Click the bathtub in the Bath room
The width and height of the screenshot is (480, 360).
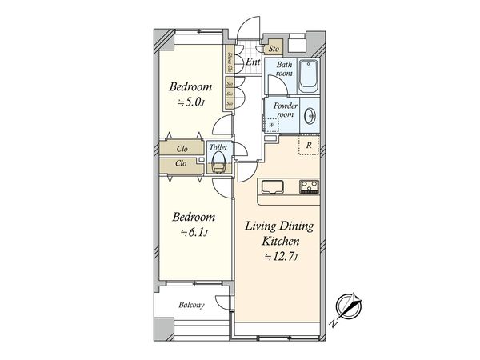[308, 76]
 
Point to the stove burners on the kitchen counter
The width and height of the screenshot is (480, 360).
[309, 188]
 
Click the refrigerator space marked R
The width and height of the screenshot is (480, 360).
[309, 145]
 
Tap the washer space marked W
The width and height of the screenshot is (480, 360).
[272, 125]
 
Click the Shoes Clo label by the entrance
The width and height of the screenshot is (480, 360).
[230, 61]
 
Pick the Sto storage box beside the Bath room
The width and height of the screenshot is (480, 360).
[274, 49]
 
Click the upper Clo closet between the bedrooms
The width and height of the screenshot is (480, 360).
[182, 148]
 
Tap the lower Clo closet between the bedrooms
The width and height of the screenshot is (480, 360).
[182, 164]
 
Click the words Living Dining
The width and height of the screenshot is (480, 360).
[278, 227]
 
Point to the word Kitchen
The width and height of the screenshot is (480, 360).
[278, 242]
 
